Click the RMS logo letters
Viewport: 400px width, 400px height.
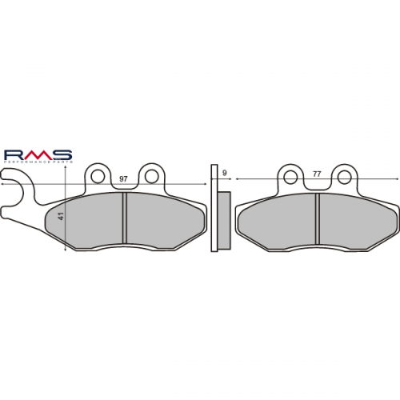click(x=38, y=153)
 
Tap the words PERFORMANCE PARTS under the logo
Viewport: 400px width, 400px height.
click(x=38, y=162)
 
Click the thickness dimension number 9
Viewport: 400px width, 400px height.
click(x=224, y=173)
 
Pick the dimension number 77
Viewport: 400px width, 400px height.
click(x=317, y=173)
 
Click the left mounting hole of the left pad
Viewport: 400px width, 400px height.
click(x=98, y=174)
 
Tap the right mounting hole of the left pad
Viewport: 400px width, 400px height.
click(x=150, y=174)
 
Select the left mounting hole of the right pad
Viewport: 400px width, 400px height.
click(x=290, y=174)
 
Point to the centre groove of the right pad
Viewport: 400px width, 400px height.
click(x=317, y=222)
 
